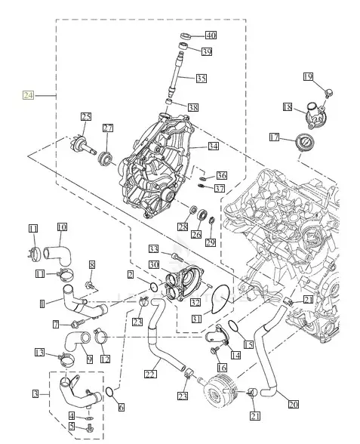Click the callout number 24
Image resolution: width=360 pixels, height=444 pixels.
(28, 95)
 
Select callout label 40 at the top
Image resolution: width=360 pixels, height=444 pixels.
(210, 35)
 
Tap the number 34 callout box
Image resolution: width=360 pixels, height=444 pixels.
(214, 146)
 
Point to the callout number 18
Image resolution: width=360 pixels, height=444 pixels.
(288, 107)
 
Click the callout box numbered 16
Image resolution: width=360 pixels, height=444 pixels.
(222, 367)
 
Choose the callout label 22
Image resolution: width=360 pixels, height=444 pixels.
(150, 373)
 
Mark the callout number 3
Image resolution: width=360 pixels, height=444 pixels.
(35, 393)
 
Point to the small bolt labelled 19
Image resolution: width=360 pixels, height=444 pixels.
(328, 93)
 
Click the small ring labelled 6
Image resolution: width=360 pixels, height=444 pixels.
(110, 393)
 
